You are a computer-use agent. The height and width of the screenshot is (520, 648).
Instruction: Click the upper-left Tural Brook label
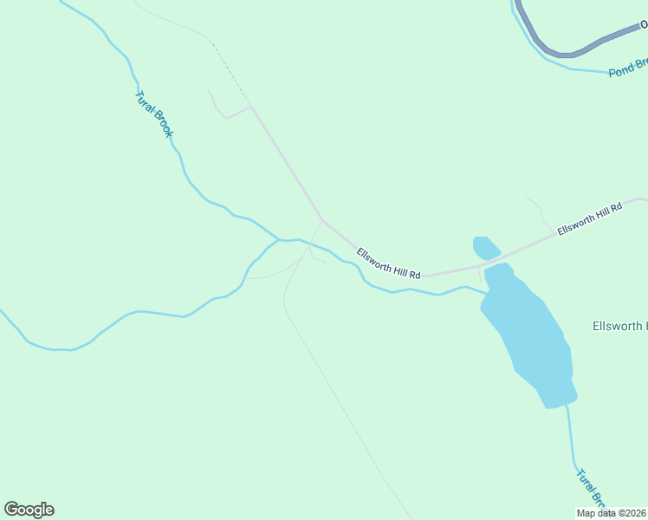(x=155, y=114)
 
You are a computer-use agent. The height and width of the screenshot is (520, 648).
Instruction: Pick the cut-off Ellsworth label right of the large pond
(x=619, y=327)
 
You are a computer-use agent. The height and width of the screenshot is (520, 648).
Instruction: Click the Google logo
(x=29, y=510)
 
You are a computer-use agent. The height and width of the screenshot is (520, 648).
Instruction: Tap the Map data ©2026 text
(x=611, y=513)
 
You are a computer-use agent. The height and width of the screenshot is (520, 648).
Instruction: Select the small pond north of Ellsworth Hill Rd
(x=486, y=248)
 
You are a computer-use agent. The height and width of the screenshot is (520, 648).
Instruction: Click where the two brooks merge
(x=279, y=239)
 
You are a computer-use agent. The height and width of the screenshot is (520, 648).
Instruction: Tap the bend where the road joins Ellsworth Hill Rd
(x=322, y=219)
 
